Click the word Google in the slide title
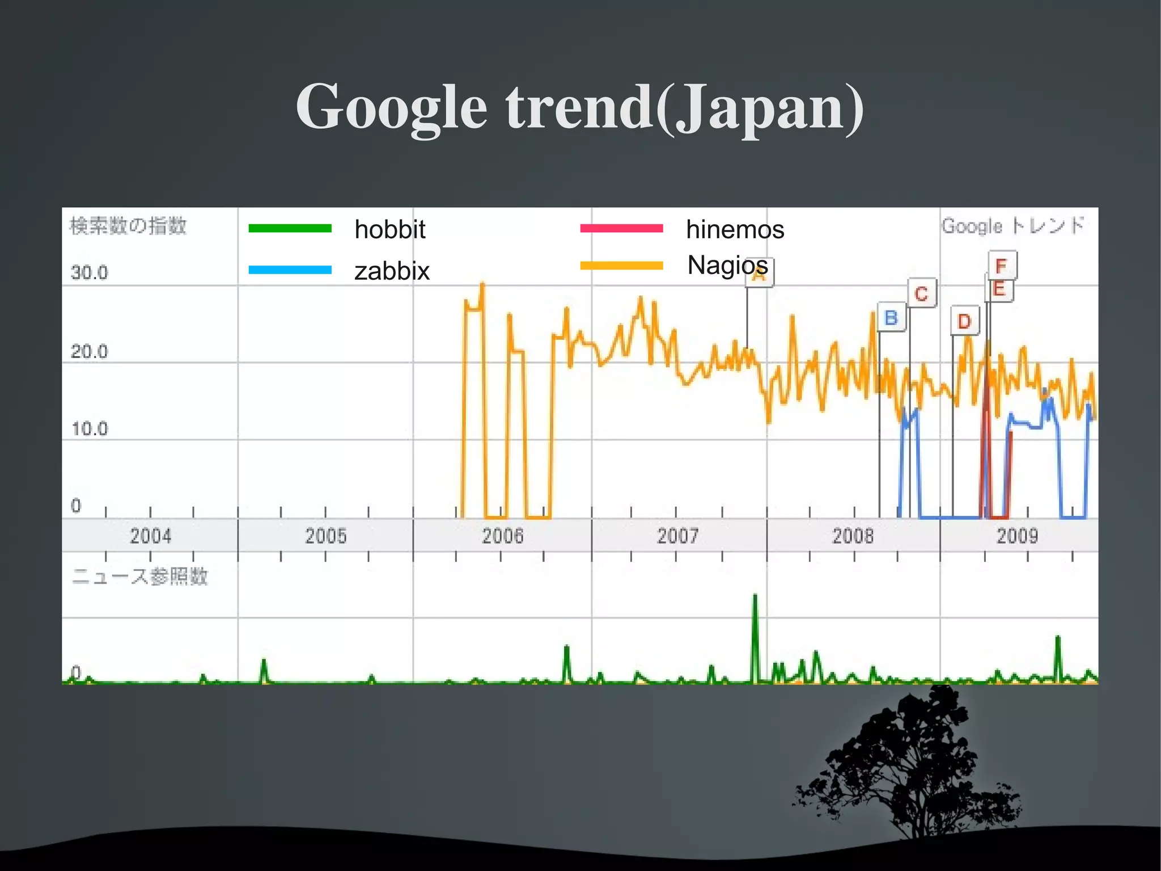(391, 108)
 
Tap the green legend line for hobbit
(290, 228)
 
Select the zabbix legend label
(392, 271)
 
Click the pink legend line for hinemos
(621, 228)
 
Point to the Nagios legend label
(727, 265)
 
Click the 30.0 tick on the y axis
(89, 273)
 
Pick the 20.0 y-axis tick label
(89, 352)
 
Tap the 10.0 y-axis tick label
(89, 429)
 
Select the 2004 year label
(150, 536)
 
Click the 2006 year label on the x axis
(502, 536)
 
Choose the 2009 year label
(1017, 536)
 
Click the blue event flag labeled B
(891, 318)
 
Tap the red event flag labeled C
(921, 293)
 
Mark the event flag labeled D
(964, 322)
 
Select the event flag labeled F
(1002, 265)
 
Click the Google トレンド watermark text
(1013, 226)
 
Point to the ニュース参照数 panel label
(140, 577)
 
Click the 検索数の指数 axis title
(128, 226)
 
